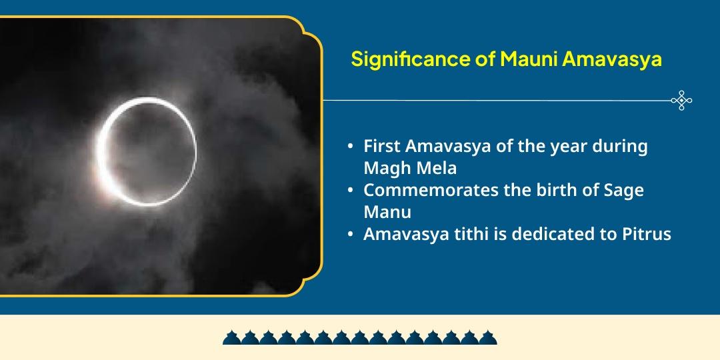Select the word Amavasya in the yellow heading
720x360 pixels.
tap(611, 59)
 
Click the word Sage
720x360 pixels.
tap(624, 190)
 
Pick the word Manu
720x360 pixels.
tap(387, 211)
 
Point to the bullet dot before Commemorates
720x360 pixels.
tap(350, 190)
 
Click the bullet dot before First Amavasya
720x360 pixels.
tap(350, 147)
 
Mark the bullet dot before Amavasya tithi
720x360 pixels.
tap(350, 234)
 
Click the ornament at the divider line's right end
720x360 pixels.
tap(681, 101)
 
